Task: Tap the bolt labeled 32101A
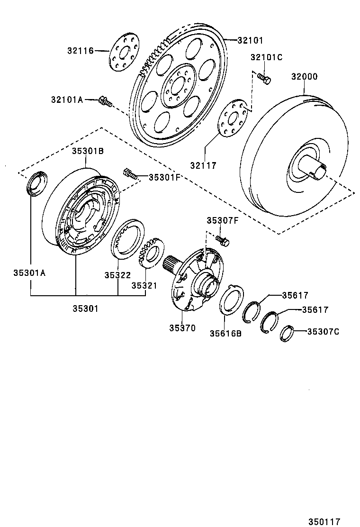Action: pyautogui.click(x=106, y=101)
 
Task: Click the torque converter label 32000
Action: pyautogui.click(x=304, y=77)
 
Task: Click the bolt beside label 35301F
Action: pyautogui.click(x=130, y=173)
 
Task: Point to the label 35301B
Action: pyautogui.click(x=88, y=151)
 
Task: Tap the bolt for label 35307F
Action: pyautogui.click(x=223, y=239)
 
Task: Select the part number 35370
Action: pyautogui.click(x=182, y=328)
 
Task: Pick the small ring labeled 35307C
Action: pyautogui.click(x=287, y=334)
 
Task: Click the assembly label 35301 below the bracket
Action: pyautogui.click(x=85, y=309)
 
